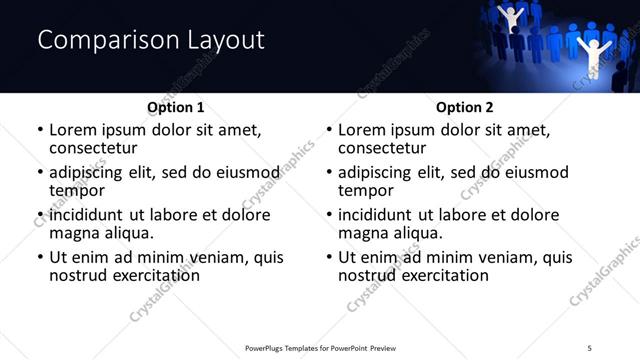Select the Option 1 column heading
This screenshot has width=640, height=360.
click(x=176, y=107)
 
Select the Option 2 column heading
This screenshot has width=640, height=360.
click(x=465, y=107)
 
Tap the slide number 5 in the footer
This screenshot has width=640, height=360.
click(x=590, y=347)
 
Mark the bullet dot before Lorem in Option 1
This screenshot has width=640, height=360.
click(x=40, y=130)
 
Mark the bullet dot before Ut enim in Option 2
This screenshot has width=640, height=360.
click(x=329, y=257)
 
